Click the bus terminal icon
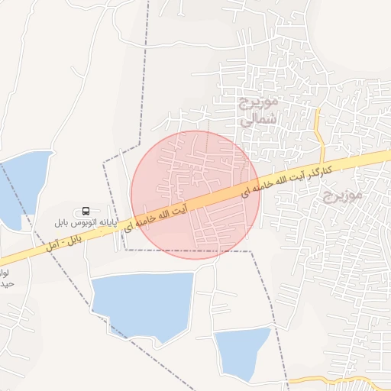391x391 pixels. (86, 211)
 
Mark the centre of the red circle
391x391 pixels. (195, 195)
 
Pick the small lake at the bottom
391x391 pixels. (244, 353)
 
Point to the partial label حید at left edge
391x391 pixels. (5, 284)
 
